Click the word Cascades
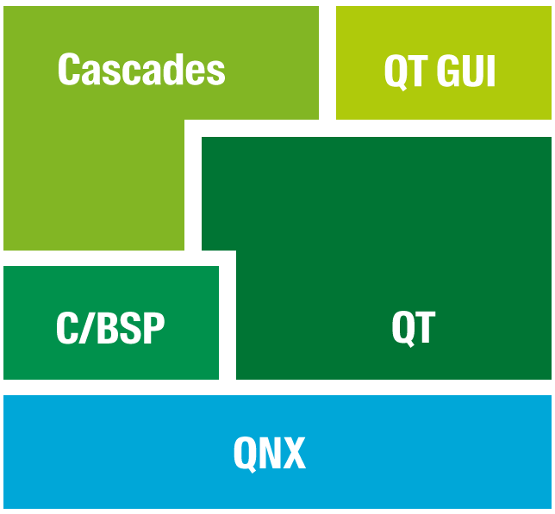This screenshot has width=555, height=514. [141, 69]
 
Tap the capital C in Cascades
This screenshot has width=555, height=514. [69, 69]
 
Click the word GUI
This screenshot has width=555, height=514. [465, 71]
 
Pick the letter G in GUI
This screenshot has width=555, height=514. [448, 71]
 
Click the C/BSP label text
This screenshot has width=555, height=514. [110, 328]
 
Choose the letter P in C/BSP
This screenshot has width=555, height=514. [153, 328]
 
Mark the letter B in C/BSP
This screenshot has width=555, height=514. [107, 328]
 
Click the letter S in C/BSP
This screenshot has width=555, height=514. [130, 328]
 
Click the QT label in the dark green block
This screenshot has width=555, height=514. [414, 329]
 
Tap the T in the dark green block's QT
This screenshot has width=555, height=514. [425, 327]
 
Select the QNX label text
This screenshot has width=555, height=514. [270, 455]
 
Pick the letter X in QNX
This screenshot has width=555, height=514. [293, 453]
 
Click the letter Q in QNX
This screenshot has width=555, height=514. [245, 455]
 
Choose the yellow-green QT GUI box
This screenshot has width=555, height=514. [444, 63]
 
